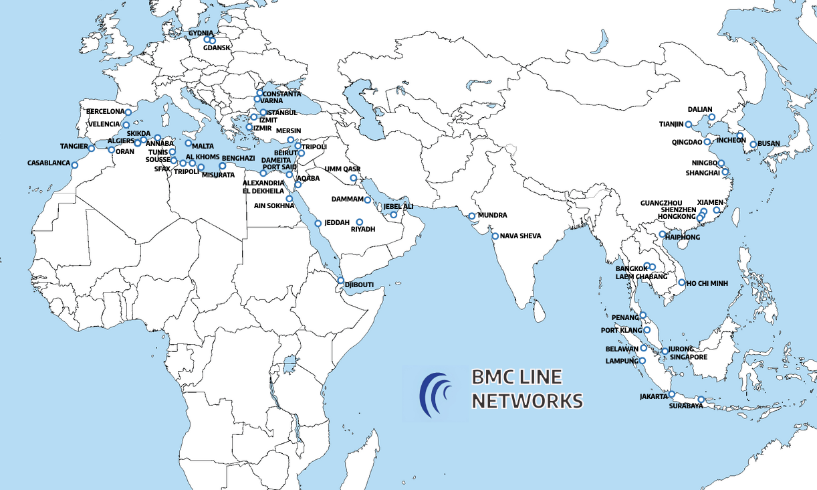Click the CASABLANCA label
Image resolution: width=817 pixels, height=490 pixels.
pyautogui.click(x=49, y=163)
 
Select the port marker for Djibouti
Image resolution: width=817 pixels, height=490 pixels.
pyautogui.click(x=340, y=280)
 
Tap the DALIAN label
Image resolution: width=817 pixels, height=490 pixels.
pyautogui.click(x=700, y=109)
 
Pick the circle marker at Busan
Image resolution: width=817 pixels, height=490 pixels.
pyautogui.click(x=753, y=144)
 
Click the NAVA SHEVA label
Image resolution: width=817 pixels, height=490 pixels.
pyautogui.click(x=521, y=236)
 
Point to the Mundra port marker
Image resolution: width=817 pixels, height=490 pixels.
pyautogui.click(x=472, y=216)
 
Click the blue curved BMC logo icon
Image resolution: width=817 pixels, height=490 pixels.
pyautogui.click(x=435, y=394)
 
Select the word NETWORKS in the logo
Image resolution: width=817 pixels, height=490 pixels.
pyautogui.click(x=527, y=401)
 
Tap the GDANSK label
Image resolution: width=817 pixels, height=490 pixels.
pyautogui.click(x=217, y=48)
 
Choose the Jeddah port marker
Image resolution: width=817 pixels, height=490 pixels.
pyautogui.click(x=318, y=223)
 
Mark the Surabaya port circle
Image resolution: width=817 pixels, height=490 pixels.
pyautogui.click(x=701, y=400)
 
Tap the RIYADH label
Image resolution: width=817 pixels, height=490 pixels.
pyautogui.click(x=363, y=230)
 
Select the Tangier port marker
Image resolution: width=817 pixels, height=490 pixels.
pyautogui.click(x=92, y=148)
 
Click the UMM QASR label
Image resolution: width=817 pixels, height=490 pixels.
pyautogui.click(x=342, y=169)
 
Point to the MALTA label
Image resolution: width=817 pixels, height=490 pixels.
pyautogui.click(x=203, y=146)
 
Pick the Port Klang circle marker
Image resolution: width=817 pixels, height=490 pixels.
pyautogui.click(x=647, y=330)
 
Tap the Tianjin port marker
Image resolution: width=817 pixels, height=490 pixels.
pyautogui.click(x=688, y=125)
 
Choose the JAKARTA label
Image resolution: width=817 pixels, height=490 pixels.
pyautogui.click(x=653, y=396)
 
